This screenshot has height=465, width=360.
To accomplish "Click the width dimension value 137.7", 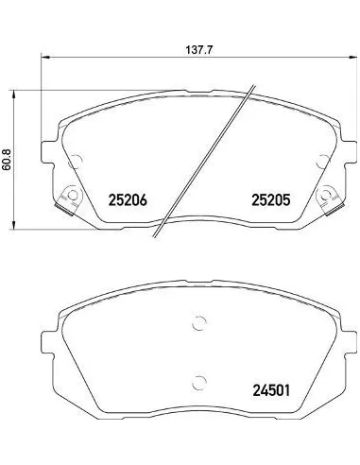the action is coord(199,50).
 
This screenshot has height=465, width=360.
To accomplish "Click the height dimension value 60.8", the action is coord(7,160).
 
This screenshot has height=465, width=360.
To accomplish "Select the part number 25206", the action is coord(128,199).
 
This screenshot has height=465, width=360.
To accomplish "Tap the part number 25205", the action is coord(270,199).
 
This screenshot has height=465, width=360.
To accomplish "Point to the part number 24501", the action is coord(271,390).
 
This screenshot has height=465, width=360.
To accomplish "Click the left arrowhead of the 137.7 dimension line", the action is coord(45,58).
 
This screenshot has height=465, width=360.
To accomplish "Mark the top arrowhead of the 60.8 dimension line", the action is coord(13,95).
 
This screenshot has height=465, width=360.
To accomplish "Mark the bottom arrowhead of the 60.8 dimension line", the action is coord(13,225).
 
